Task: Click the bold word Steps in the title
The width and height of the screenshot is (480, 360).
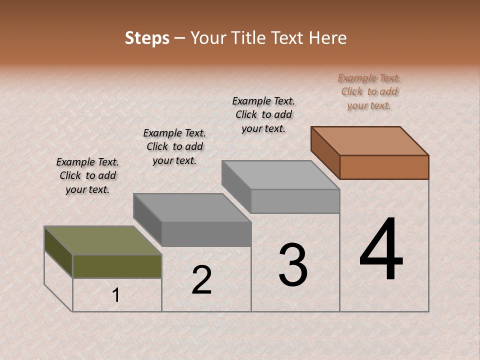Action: pos(147,38)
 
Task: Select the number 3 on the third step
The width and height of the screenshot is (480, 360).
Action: pos(292,265)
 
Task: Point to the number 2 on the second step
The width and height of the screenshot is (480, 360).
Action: pos(201,280)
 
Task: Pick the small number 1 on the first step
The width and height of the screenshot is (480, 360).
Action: pos(116,295)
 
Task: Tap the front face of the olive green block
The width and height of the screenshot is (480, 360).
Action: pos(117,266)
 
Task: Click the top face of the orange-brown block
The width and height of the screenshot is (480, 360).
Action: pos(370,140)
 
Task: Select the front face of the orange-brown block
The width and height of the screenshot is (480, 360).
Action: pos(384,167)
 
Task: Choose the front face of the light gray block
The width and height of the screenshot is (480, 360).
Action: pos(295,201)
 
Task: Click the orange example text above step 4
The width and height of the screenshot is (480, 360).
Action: pos(369,91)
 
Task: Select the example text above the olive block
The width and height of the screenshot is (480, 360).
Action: pos(87,175)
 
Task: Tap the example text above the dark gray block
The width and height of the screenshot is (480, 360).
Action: pos(174,146)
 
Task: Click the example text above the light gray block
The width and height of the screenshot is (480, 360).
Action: pos(263,114)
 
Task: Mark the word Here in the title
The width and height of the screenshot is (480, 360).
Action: pos(327,38)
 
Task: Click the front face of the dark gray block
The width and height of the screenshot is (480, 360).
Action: pos(206,234)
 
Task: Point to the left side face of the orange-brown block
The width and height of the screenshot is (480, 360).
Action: pos(325,153)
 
